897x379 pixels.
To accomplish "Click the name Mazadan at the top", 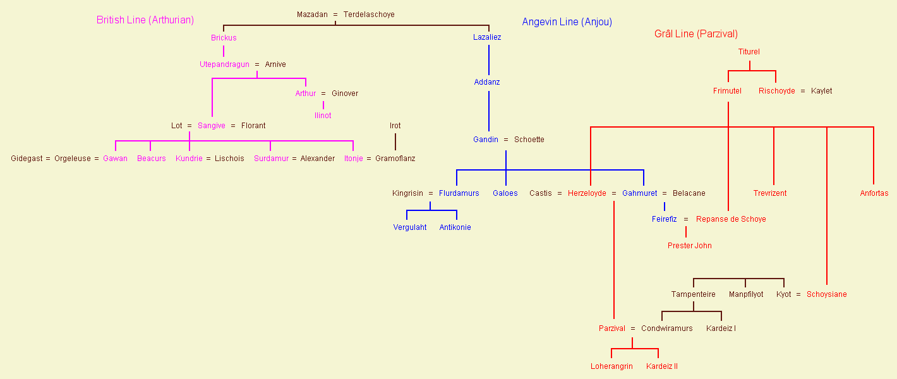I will (x=312, y=15).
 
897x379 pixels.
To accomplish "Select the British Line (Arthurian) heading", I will (x=145, y=20).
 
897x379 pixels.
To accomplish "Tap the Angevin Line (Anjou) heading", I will (x=567, y=22).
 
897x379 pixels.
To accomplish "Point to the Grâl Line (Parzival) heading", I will (x=696, y=34).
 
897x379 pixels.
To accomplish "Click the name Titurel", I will (x=749, y=52).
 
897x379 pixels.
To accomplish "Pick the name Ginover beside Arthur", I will (x=345, y=93).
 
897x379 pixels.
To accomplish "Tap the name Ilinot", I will (x=323, y=116).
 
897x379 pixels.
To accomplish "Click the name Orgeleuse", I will (x=73, y=159).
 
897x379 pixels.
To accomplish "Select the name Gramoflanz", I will (x=395, y=159).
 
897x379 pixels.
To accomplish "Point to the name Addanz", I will (x=487, y=82).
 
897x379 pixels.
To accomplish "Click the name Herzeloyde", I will (x=587, y=193).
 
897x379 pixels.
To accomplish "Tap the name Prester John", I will (x=689, y=246).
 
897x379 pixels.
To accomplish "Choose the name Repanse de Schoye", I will (x=731, y=219).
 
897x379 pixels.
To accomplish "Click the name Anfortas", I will (x=874, y=193).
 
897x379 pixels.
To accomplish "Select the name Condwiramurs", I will (x=666, y=328).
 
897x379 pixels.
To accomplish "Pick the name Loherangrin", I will (x=611, y=366).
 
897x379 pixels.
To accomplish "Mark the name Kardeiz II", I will (x=662, y=366).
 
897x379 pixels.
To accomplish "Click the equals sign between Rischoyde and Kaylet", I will (x=803, y=91).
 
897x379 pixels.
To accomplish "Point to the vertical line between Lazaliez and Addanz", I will (x=488, y=60).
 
